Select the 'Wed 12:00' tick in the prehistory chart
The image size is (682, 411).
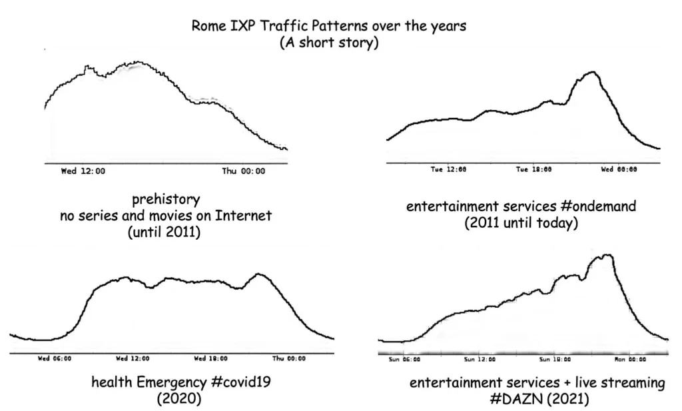(83, 171)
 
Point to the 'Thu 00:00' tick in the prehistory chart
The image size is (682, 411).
(243, 171)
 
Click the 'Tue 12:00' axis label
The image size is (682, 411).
(448, 169)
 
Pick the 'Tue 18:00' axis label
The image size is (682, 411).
(533, 169)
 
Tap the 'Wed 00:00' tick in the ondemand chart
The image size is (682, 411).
(619, 169)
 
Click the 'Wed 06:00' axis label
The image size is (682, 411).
(54, 358)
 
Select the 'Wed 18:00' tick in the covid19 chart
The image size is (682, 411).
(210, 358)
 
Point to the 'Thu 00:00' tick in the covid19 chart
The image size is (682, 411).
(288, 358)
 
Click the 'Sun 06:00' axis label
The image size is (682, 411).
(404, 359)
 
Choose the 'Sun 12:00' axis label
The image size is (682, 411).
(480, 359)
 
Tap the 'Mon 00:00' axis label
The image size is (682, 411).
(629, 359)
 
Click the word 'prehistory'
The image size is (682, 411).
(166, 199)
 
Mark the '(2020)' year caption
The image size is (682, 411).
(179, 399)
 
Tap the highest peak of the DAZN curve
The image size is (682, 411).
(605, 254)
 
